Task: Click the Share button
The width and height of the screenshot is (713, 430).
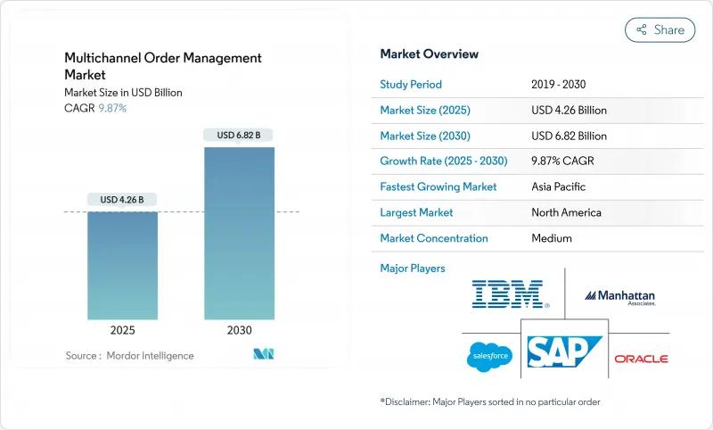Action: (660, 29)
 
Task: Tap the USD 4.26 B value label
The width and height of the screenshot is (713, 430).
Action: (122, 199)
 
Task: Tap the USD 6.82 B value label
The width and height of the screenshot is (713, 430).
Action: (239, 135)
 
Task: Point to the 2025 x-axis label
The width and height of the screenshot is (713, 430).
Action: (122, 330)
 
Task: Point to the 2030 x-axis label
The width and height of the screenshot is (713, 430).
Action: (239, 330)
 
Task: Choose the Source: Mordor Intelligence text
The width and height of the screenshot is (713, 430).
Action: (129, 355)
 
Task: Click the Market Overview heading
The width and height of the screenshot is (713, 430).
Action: (429, 54)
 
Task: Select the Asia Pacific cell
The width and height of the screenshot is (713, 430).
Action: (559, 187)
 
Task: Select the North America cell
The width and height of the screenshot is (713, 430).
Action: (566, 212)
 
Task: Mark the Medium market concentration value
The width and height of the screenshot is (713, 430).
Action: (551, 238)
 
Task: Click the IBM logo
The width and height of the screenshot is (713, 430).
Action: (511, 294)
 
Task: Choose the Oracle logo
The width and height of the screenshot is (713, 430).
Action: (641, 359)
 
